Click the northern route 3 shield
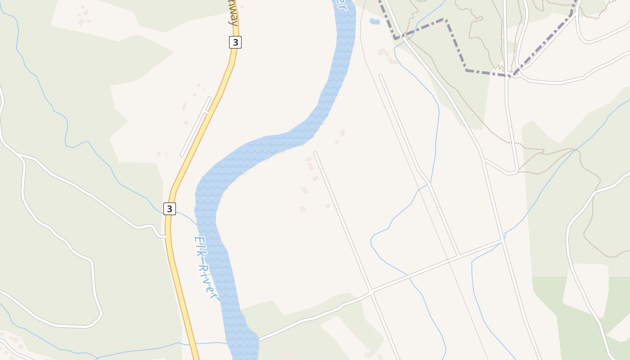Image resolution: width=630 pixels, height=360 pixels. click(x=235, y=42)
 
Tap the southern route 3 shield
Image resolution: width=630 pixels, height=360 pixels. click(x=169, y=208)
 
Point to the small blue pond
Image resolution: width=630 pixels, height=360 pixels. click(x=374, y=21)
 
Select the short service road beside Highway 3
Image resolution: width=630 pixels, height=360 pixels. click(x=196, y=127)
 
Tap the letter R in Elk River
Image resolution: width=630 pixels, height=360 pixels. click(x=203, y=269)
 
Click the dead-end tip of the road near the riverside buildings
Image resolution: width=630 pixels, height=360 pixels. click(x=315, y=153)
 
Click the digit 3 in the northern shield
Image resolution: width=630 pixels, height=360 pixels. click(x=235, y=42)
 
